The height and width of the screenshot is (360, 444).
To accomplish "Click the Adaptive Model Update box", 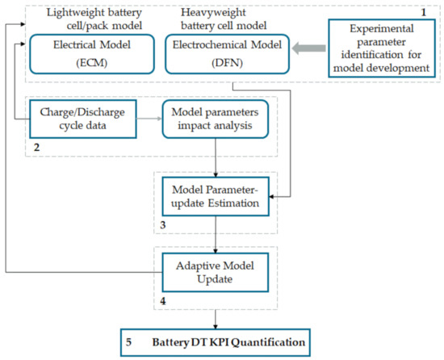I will (216, 270).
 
